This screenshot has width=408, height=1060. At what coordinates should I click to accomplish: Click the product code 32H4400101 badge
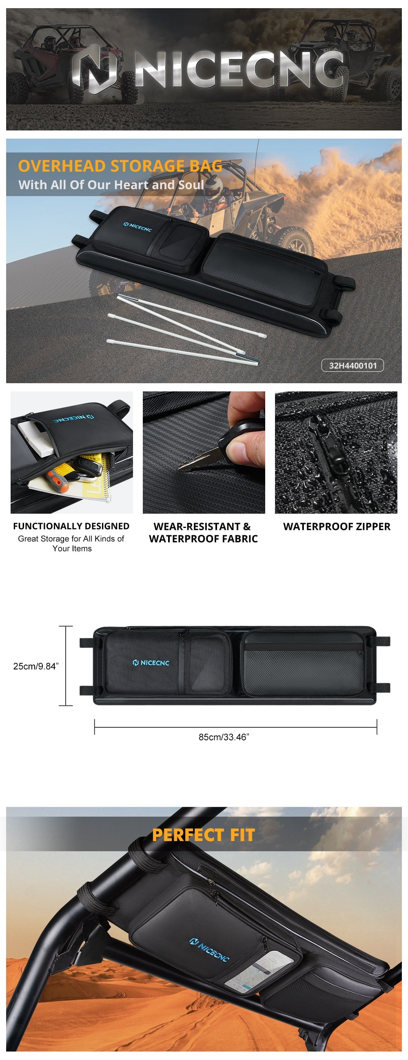(353, 365)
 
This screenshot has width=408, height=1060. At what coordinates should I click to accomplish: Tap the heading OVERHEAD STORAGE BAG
(120, 166)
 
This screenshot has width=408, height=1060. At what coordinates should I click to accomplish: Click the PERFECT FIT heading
(203, 835)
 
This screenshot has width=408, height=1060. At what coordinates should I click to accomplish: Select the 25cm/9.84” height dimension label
(36, 666)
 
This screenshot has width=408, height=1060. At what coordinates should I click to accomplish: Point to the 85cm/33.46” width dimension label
(224, 737)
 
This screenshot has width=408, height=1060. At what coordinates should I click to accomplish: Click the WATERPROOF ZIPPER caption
(337, 526)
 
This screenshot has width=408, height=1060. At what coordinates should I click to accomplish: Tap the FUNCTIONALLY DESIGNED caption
(71, 526)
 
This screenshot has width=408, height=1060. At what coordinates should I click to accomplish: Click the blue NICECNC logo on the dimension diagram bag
(151, 662)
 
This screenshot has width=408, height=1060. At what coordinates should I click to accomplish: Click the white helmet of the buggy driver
(213, 187)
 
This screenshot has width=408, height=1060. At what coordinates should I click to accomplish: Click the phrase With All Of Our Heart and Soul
(111, 185)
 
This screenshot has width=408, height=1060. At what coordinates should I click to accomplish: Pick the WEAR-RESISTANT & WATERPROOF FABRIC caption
(203, 532)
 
